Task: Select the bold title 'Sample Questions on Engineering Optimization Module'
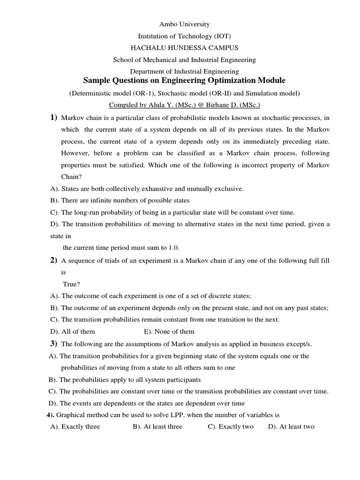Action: click(x=184, y=81)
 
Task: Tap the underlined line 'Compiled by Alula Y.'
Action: click(x=184, y=105)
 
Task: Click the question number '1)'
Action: click(x=53, y=117)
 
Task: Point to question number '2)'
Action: click(x=53, y=260)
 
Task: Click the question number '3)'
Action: click(x=53, y=344)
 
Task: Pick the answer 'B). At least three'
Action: click(x=157, y=427)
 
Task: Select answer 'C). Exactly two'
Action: click(x=231, y=427)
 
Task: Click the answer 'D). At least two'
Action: click(x=291, y=427)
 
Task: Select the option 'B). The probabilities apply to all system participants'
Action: click(x=125, y=380)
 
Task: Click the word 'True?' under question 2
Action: click(x=72, y=284)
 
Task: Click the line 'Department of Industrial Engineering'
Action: click(x=184, y=72)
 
